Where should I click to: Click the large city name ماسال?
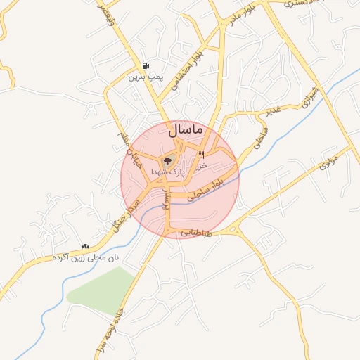[x=186, y=130]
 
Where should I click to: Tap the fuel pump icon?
[x=146, y=64]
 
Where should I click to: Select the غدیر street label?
[x=273, y=110]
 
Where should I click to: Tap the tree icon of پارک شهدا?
[x=168, y=161]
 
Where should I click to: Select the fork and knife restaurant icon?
[x=201, y=155]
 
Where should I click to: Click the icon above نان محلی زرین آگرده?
[x=86, y=246]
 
